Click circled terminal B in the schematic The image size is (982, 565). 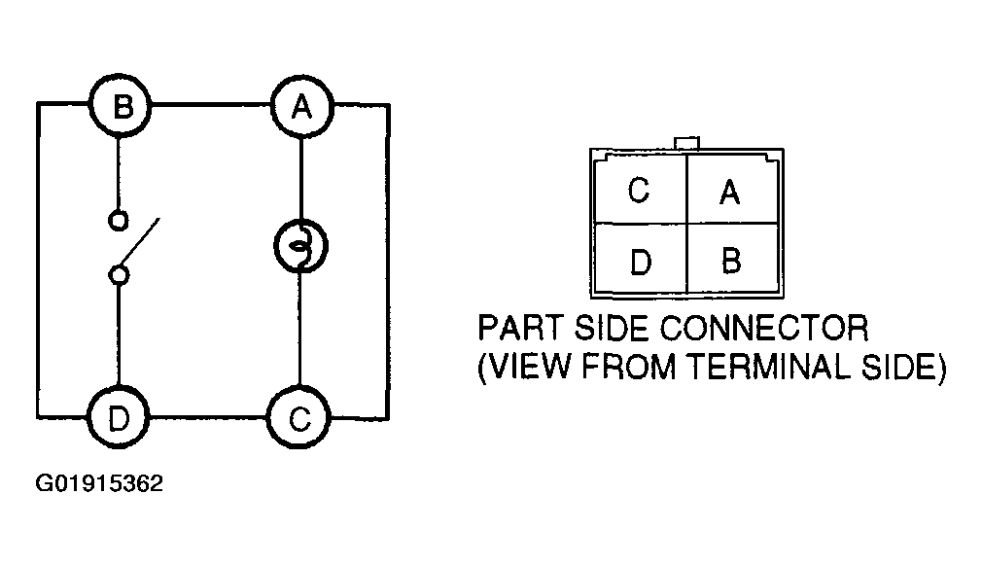click(121, 106)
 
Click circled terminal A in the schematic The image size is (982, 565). click(302, 107)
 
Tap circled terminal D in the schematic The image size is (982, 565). click(118, 417)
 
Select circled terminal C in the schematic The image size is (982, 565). click(298, 418)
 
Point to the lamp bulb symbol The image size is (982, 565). click(300, 245)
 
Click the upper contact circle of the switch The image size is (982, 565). click(118, 221)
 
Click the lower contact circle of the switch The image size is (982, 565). click(119, 275)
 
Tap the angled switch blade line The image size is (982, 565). click(140, 241)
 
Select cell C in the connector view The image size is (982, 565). click(640, 190)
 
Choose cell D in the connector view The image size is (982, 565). click(640, 258)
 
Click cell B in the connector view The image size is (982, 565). click(732, 258)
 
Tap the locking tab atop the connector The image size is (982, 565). click(687, 144)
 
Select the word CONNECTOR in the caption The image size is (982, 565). click(764, 328)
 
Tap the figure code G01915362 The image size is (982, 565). click(99, 483)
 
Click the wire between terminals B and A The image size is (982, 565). click(212, 105)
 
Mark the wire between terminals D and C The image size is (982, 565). click(208, 416)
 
